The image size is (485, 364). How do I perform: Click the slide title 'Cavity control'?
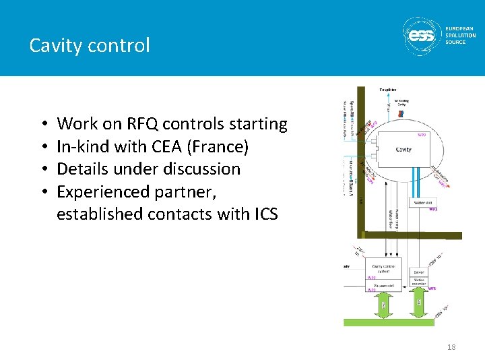(x=90, y=45)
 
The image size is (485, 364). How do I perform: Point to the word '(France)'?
(x=220, y=147)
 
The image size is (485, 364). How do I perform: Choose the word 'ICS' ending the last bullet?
(x=262, y=214)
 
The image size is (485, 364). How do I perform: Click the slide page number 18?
(x=451, y=347)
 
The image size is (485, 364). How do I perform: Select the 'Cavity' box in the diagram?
(x=403, y=150)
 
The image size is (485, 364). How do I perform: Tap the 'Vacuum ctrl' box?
(x=383, y=286)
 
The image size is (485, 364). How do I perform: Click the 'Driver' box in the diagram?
(x=418, y=272)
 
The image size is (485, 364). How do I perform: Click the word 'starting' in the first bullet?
(x=258, y=124)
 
